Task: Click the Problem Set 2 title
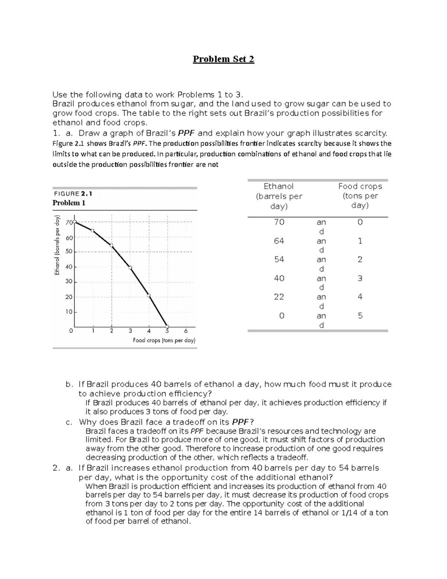[223, 59]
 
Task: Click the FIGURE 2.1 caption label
[73, 193]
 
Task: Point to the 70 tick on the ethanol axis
[69, 223]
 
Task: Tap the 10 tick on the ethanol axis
[69, 312]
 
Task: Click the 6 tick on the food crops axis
[186, 331]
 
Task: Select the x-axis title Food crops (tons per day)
[164, 340]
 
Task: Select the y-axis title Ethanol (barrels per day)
[57, 245]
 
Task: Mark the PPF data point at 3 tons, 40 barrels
[130, 267]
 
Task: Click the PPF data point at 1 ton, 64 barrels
[93, 231]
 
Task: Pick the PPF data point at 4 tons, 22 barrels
[149, 296]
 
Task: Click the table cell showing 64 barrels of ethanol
[279, 241]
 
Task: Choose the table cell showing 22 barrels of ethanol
[279, 297]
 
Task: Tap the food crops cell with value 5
[360, 315]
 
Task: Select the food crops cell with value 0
[360, 222]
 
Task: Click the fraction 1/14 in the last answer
[349, 513]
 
